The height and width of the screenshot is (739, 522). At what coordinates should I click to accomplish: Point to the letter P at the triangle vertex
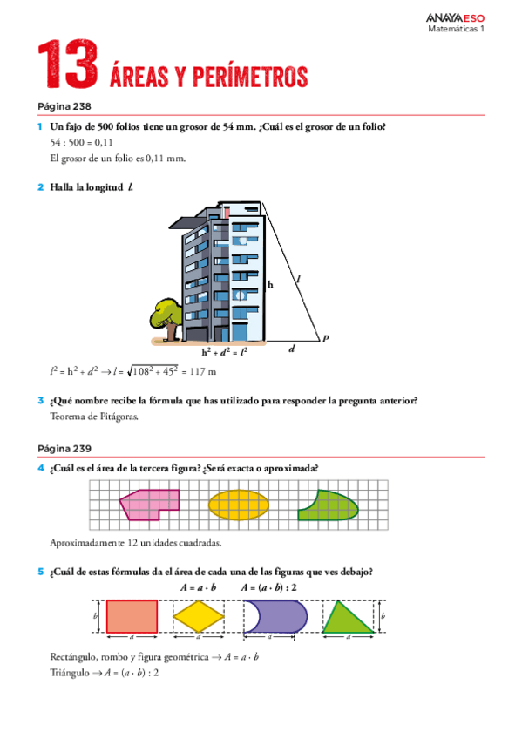click(x=325, y=339)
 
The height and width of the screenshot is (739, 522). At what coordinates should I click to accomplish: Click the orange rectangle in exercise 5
click(x=132, y=616)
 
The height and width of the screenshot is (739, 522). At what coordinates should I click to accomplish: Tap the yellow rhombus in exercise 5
click(x=200, y=616)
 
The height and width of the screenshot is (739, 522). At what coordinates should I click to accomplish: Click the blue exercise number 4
click(x=41, y=468)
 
